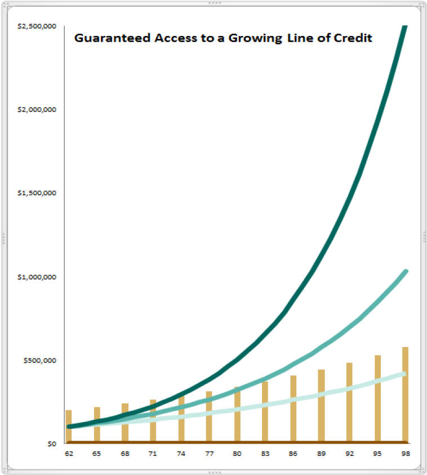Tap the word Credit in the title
click(356, 39)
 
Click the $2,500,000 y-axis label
click(39, 26)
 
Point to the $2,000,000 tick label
click(39, 109)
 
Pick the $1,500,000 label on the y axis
click(39, 193)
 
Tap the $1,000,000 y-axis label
click(39, 276)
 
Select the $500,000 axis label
click(42, 360)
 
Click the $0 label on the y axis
click(51, 443)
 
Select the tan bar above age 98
click(405, 394)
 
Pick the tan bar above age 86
click(293, 409)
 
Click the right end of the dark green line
click(404, 28)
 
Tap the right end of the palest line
click(404, 374)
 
